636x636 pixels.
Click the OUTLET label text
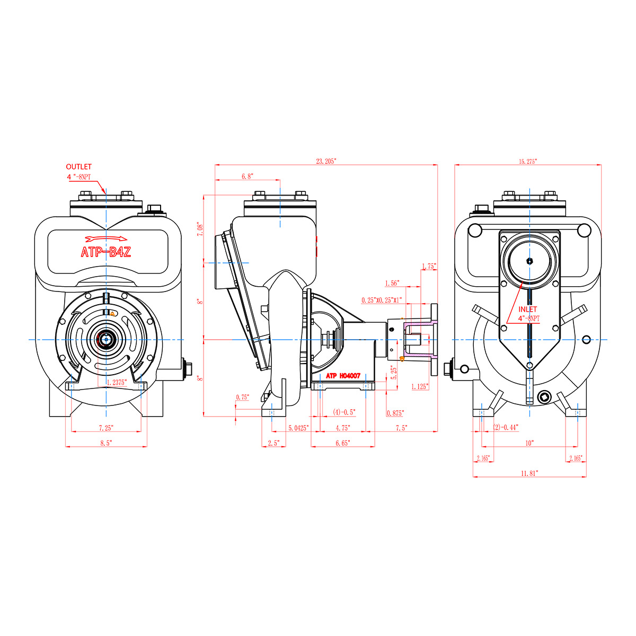[78, 166]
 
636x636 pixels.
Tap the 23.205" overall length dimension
[326, 161]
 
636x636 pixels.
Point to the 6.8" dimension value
[247, 176]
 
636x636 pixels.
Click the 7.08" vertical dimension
[199, 229]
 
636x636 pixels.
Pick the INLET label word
[527, 309]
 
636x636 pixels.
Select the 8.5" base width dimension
[105, 443]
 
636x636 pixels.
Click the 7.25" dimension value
[105, 428]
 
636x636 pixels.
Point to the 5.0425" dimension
[298, 428]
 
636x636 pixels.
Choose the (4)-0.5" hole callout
[344, 412]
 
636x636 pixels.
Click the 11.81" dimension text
[529, 473]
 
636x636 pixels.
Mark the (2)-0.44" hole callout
[506, 427]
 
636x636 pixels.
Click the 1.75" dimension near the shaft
[429, 267]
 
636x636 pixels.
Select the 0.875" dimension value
[395, 413]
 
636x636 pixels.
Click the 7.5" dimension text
[401, 428]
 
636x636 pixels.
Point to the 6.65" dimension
[342, 443]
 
